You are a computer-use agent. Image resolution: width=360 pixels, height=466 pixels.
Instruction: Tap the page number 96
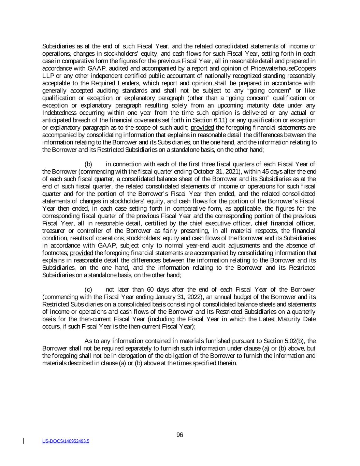coord(180,435)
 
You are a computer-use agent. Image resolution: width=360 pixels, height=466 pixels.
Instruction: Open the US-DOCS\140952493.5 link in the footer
coord(66,441)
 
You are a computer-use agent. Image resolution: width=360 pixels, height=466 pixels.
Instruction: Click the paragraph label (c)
coord(88,290)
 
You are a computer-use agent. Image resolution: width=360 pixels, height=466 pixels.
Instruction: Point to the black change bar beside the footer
coord(23,441)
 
